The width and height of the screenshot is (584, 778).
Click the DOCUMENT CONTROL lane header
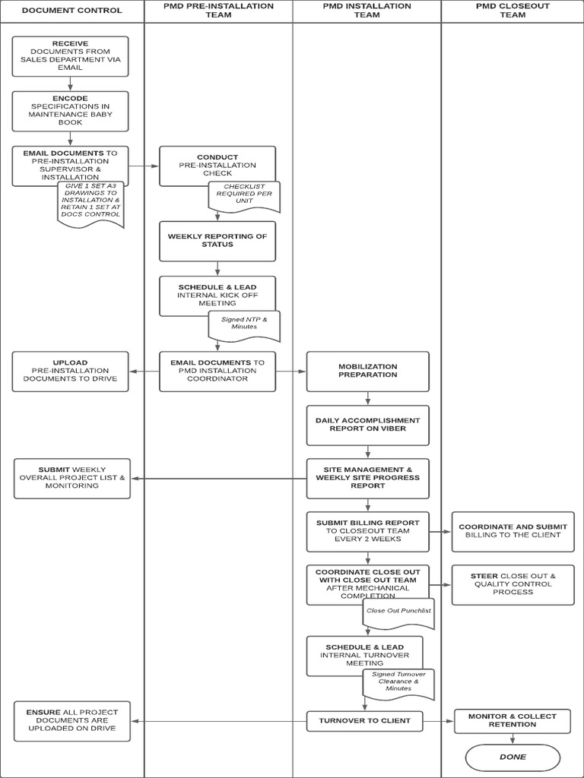(71, 11)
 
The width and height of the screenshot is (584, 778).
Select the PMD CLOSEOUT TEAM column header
(512, 10)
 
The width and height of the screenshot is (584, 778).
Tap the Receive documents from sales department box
(71, 55)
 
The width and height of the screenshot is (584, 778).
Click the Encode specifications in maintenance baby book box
(71, 111)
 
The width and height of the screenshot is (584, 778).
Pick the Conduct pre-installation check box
(217, 166)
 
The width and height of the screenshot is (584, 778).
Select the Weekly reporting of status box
(217, 241)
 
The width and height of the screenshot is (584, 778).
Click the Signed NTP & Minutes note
(244, 324)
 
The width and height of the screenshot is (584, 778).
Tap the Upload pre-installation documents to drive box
(71, 371)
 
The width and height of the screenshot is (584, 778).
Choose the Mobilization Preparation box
(367, 371)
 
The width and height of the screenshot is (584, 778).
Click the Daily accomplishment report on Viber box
(367, 425)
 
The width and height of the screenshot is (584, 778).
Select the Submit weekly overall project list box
(72, 478)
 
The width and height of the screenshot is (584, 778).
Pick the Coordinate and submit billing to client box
(513, 530)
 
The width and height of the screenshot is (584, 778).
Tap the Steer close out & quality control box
(513, 584)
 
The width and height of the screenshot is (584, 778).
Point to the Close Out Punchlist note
(398, 612)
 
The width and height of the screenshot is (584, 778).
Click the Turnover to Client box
(364, 720)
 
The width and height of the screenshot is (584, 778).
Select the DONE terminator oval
(513, 757)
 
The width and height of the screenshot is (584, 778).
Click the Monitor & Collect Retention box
(513, 720)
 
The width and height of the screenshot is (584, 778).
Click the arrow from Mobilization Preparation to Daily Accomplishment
(368, 399)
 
